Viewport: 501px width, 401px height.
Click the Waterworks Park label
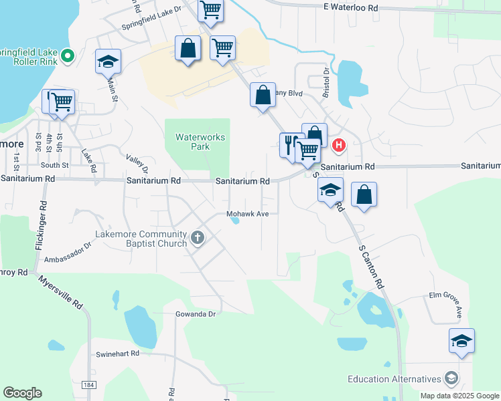click(200, 142)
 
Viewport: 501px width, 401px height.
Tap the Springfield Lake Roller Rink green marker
click(67, 57)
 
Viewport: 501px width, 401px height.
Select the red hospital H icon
click(339, 144)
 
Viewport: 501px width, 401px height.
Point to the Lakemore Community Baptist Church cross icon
click(197, 239)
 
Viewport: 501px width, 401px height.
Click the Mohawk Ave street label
click(247, 214)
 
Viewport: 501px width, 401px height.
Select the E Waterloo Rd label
click(350, 7)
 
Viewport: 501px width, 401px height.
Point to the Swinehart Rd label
click(117, 353)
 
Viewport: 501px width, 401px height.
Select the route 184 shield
click(88, 385)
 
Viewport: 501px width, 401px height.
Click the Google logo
click(22, 393)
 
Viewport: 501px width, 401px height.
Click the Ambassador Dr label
click(67, 255)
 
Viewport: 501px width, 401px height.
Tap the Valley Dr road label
click(137, 164)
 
